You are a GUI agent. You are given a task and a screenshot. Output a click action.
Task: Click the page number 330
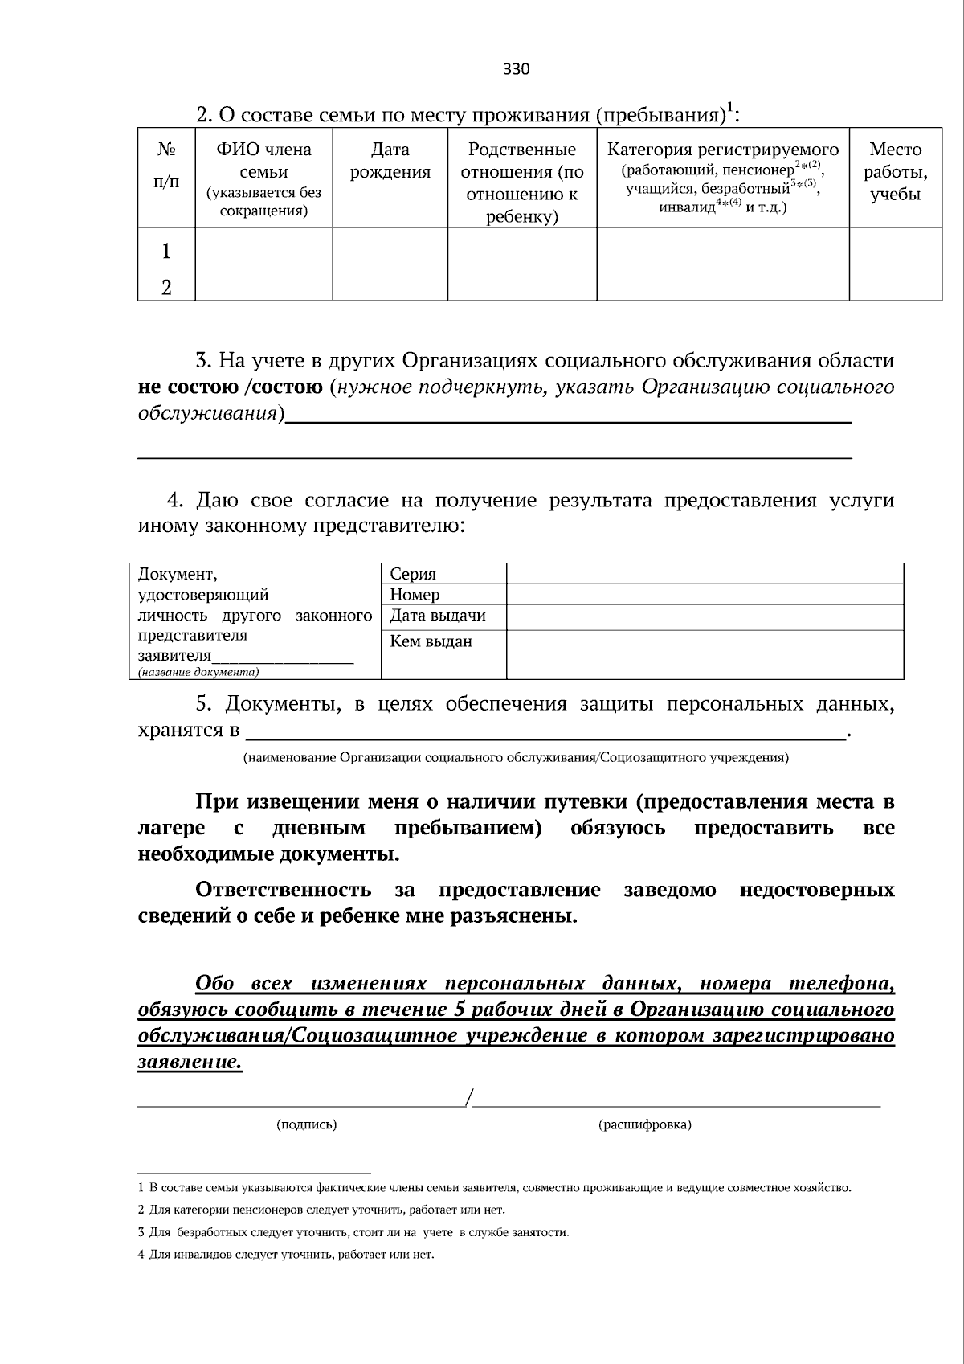pyautogui.click(x=516, y=69)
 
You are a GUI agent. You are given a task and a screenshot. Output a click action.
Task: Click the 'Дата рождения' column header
pyautogui.click(x=390, y=161)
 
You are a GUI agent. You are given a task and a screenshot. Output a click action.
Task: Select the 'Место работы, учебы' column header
pyautogui.click(x=895, y=172)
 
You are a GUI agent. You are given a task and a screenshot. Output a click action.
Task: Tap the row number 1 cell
pyautogui.click(x=166, y=252)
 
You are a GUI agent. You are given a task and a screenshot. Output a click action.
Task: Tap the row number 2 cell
pyautogui.click(x=166, y=287)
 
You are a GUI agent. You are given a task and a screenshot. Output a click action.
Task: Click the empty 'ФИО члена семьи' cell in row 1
pyautogui.click(x=263, y=246)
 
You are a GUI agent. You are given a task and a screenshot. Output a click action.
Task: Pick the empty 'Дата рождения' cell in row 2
pyautogui.click(x=390, y=283)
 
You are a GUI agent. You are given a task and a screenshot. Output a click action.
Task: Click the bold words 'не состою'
pyautogui.click(x=188, y=387)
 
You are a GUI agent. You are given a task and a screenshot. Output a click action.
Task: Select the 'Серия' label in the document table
pyautogui.click(x=413, y=574)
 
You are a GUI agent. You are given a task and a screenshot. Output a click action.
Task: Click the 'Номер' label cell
pyautogui.click(x=415, y=595)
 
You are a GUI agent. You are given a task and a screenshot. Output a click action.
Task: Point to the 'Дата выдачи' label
pyautogui.click(x=438, y=616)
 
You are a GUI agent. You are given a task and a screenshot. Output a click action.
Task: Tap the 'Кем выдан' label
pyautogui.click(x=431, y=641)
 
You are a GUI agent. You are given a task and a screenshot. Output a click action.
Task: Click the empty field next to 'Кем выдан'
pyautogui.click(x=704, y=654)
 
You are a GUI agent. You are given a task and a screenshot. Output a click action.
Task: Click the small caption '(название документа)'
pyautogui.click(x=198, y=672)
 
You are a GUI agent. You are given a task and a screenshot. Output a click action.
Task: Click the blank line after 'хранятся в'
pyautogui.click(x=546, y=731)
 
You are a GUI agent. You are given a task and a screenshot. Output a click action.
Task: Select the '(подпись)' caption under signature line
pyautogui.click(x=306, y=1124)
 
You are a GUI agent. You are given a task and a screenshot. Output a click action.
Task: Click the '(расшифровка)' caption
pyautogui.click(x=644, y=1124)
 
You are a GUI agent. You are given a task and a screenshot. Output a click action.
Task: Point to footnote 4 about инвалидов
pyautogui.click(x=286, y=1255)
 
